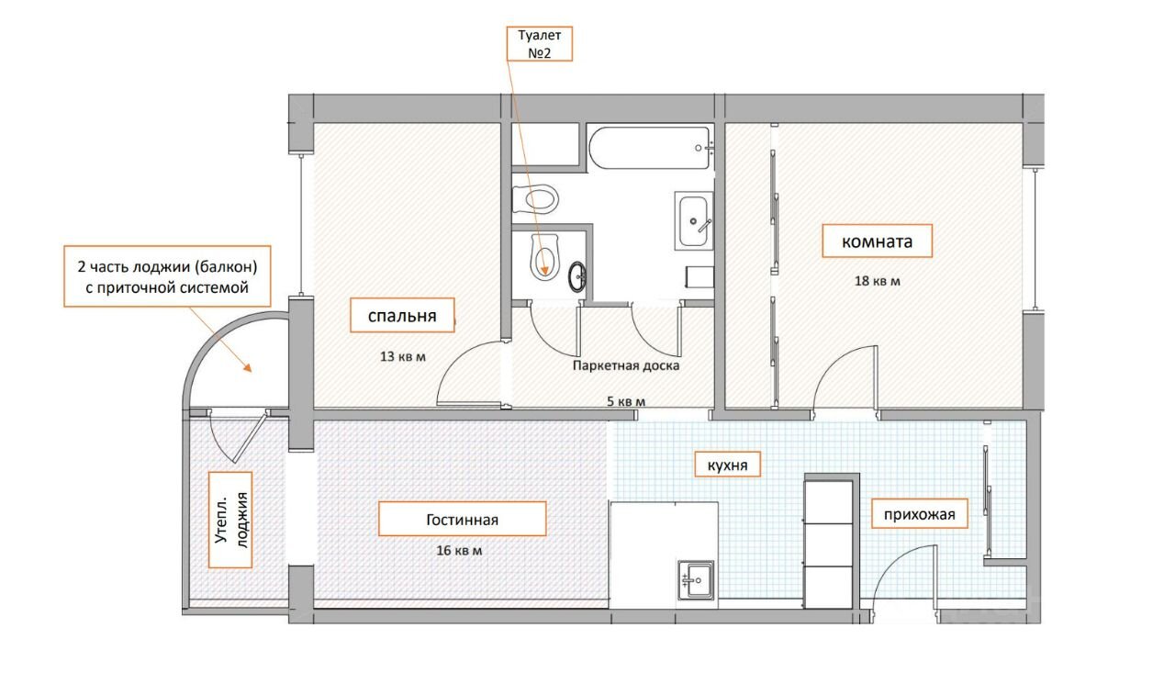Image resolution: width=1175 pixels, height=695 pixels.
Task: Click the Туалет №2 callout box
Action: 539,43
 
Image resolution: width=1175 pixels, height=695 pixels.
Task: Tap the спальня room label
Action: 402,315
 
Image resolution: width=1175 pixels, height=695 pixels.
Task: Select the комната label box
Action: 877,241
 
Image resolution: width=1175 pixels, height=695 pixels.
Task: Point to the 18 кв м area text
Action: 877,281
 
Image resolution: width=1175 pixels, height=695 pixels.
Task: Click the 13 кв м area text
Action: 402,356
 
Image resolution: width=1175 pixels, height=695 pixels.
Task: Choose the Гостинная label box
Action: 462,519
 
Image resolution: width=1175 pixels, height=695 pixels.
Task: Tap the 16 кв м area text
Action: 459,550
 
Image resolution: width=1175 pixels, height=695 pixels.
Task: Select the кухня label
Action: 728,465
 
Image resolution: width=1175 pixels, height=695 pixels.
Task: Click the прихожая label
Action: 920,513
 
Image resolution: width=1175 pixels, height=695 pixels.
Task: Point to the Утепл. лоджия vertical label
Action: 230,520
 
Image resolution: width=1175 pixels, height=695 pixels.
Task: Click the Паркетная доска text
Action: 626,365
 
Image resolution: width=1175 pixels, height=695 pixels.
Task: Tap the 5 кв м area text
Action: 626,402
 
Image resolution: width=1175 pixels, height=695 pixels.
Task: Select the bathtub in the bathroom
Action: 651,148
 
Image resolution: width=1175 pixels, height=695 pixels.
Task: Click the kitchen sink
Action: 696,580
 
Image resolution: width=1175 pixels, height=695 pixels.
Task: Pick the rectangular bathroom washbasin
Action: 693,221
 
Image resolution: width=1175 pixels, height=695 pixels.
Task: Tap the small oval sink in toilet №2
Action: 578,276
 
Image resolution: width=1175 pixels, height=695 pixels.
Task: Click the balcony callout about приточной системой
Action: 167,276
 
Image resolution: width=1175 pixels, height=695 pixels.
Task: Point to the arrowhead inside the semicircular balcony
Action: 247,367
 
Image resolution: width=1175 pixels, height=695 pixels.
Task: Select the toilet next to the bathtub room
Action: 535,199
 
